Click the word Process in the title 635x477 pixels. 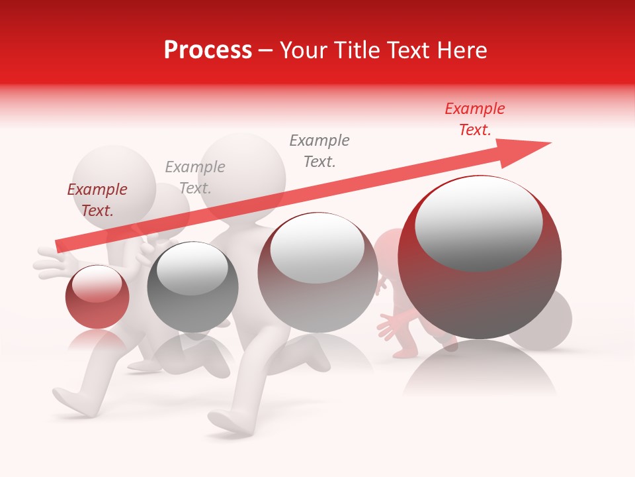pyautogui.click(x=208, y=50)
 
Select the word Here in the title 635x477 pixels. pyautogui.click(x=461, y=50)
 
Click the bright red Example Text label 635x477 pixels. pyautogui.click(x=474, y=119)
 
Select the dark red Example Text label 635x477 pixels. pyautogui.click(x=97, y=200)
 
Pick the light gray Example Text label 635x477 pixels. pyautogui.click(x=194, y=178)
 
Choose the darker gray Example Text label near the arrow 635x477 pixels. pyautogui.click(x=319, y=151)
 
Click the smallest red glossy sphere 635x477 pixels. pyautogui.click(x=97, y=297)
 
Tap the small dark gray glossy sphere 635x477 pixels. pyautogui.click(x=192, y=287)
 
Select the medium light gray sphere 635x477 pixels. pyautogui.click(x=317, y=273)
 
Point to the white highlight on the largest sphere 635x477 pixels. pyautogui.click(x=478, y=224)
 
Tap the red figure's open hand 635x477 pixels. pyautogui.click(x=391, y=326)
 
